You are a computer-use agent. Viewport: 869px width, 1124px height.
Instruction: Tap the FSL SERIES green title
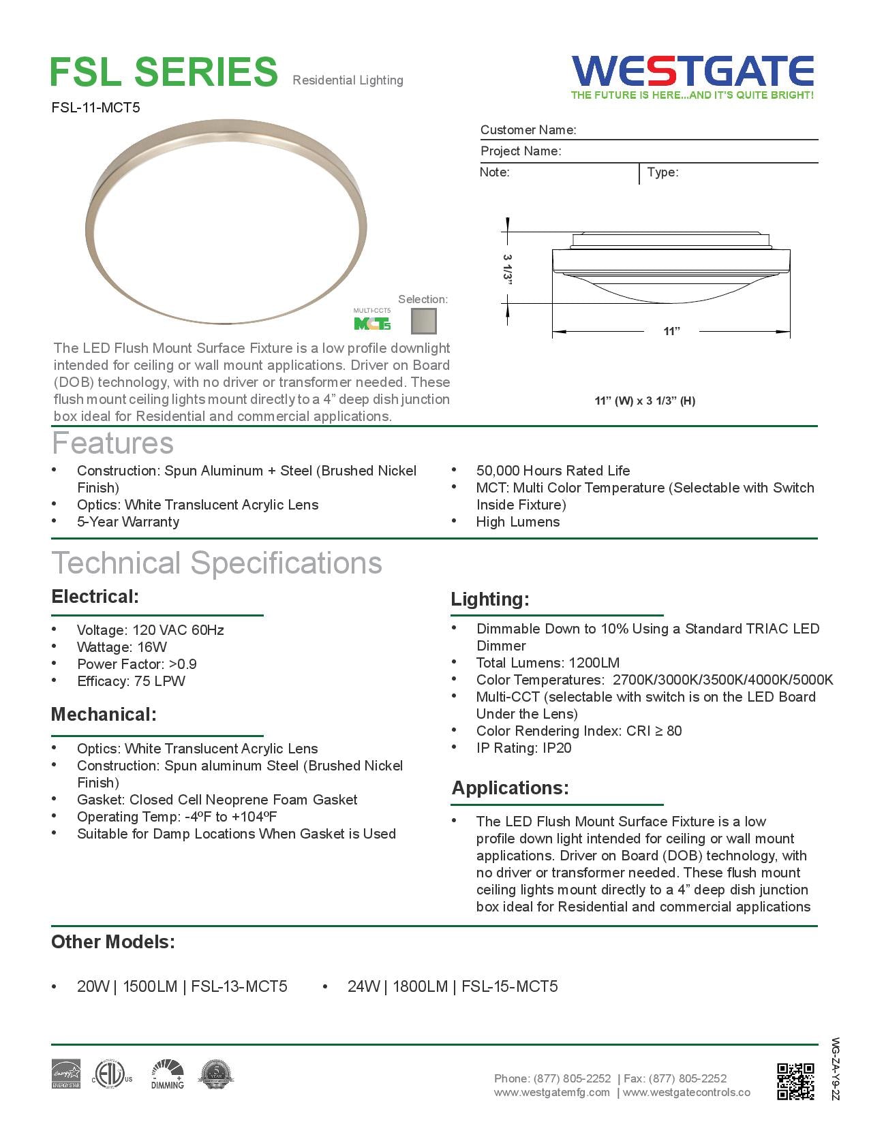(164, 72)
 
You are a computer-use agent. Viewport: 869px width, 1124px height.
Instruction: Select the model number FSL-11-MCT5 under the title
(95, 107)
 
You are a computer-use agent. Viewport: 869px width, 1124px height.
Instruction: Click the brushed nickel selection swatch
(424, 320)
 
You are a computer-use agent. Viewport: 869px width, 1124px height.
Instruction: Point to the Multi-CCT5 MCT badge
(372, 320)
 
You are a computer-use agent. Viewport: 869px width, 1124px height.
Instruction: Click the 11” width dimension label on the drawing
(671, 331)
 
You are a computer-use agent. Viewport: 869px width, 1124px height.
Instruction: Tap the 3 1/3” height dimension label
(506, 270)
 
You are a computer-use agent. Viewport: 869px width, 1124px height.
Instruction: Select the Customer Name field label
(528, 130)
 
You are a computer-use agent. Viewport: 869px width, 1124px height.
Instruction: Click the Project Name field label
(521, 151)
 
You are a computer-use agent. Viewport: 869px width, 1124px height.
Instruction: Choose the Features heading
(113, 443)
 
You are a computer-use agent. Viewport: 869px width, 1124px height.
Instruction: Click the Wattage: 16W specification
(121, 647)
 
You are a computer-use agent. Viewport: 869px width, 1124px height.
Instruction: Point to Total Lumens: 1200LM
(547, 663)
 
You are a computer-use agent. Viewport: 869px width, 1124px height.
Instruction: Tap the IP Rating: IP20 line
(523, 748)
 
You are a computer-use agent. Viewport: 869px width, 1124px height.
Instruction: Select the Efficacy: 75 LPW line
(131, 681)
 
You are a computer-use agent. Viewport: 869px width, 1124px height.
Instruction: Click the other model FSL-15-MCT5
(509, 986)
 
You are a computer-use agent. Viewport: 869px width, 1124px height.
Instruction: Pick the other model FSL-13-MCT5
(239, 986)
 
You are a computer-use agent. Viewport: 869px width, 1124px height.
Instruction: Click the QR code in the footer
(795, 1081)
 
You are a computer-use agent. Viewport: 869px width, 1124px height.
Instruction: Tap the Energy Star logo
(66, 1074)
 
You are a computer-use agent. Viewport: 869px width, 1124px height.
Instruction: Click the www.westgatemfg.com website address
(552, 1093)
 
